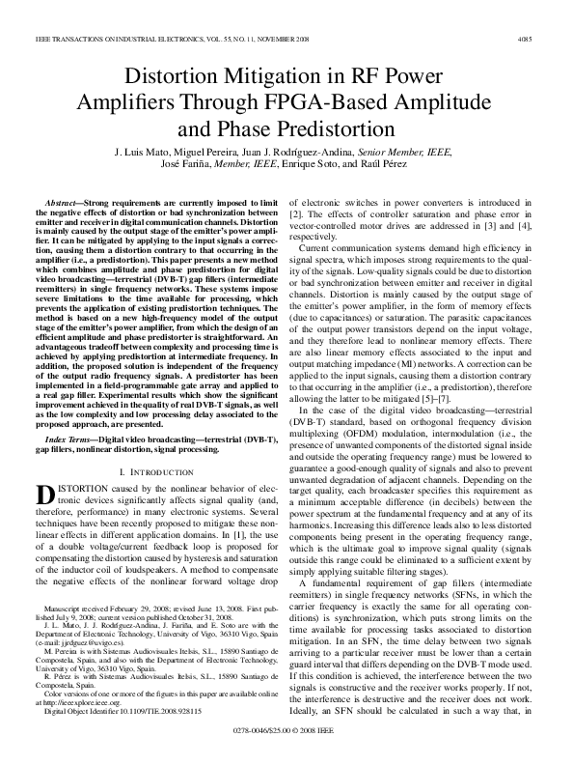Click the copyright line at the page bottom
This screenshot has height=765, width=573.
point(286,748)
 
